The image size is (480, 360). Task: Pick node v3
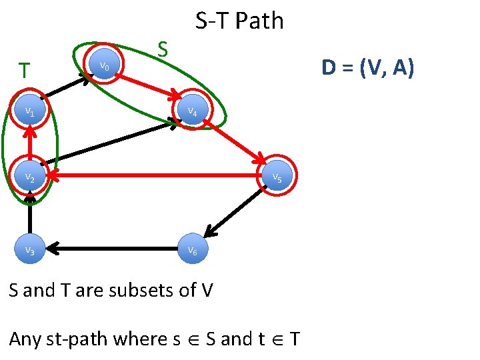30,249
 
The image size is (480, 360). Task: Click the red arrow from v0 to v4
147,83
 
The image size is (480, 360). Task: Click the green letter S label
162,49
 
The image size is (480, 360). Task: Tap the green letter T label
24,70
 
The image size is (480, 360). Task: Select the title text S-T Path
239,21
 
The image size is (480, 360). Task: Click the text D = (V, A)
367,67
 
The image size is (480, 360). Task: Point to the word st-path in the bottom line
73,339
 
